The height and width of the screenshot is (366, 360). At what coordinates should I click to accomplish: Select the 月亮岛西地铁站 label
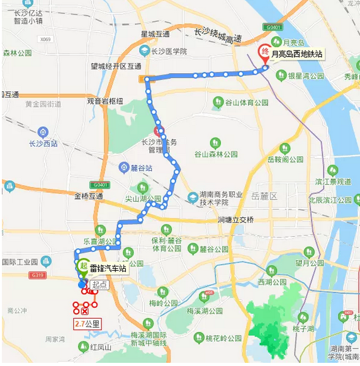coord(296,54)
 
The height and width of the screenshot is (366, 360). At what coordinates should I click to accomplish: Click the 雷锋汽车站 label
coord(108,268)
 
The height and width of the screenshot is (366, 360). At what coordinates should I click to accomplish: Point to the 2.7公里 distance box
coord(87,324)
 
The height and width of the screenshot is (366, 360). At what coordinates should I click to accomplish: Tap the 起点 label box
coord(99,285)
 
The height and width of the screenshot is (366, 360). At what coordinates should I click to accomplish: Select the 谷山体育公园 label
coord(239,101)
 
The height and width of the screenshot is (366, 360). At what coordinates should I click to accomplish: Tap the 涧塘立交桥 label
coord(235,219)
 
